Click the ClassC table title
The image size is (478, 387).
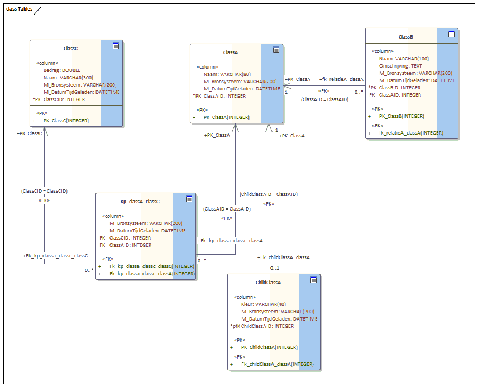pos(70,49)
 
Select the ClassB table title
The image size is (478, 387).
pos(406,37)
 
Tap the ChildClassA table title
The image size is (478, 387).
pos(268,282)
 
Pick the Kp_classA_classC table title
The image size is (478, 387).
pos(140,201)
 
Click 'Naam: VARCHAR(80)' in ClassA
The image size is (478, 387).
pos(227,74)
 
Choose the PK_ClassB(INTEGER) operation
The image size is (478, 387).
pos(401,116)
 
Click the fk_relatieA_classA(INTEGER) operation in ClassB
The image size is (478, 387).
pos(411,133)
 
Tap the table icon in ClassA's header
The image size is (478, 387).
pos(276,50)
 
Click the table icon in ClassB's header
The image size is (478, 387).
pos(451,35)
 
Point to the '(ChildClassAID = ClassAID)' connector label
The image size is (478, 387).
pos(268,194)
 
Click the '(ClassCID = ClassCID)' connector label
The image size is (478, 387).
pos(44,190)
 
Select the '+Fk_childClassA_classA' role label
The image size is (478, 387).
pos(283,257)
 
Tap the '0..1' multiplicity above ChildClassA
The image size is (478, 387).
pos(275,268)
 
